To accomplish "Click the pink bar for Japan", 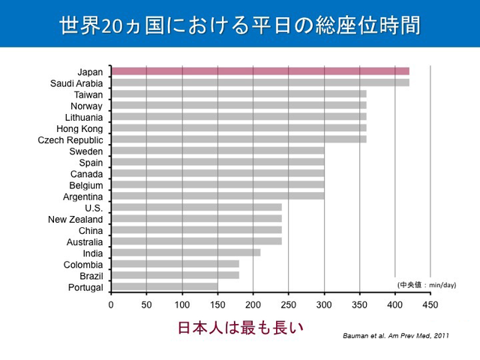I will (260, 71).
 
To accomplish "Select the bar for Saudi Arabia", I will (260, 82).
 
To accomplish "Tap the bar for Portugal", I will (164, 286).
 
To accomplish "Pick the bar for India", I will (186, 253).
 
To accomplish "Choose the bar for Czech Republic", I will (238, 139).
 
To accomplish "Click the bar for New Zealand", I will (196, 219).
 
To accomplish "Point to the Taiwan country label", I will (88, 94).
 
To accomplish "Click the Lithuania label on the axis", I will (84, 117).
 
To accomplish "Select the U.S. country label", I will (94, 208).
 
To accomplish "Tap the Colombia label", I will (84, 265).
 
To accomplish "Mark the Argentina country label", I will (83, 196).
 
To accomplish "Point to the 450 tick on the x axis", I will (430, 304).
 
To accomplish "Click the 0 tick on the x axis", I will (111, 304).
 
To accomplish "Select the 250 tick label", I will (289, 304).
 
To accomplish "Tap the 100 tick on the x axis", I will (182, 304).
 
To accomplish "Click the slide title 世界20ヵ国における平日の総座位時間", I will (240, 24).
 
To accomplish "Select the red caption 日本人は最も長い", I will (240, 328).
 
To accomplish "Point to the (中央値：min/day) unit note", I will (426, 285).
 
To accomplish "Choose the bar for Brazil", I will (175, 275).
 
